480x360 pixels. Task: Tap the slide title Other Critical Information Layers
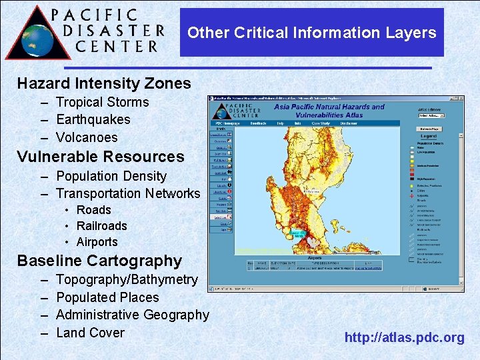[311, 33]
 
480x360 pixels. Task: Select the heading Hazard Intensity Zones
[104, 83]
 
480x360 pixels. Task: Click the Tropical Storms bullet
[102, 102]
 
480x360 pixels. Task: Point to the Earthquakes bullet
[93, 119]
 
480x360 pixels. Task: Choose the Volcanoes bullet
[87, 137]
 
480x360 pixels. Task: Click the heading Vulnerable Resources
[100, 157]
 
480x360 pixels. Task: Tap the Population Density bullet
[111, 176]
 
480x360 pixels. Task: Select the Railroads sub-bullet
[101, 226]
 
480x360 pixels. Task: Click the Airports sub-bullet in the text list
[97, 242]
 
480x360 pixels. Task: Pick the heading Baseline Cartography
[99, 261]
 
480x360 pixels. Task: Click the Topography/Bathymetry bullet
[127, 279]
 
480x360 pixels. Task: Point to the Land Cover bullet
[90, 332]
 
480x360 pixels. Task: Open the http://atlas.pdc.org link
[404, 337]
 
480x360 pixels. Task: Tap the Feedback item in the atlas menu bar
[258, 123]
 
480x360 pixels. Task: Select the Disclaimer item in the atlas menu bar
[349, 123]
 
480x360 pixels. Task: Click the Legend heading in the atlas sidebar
[429, 136]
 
